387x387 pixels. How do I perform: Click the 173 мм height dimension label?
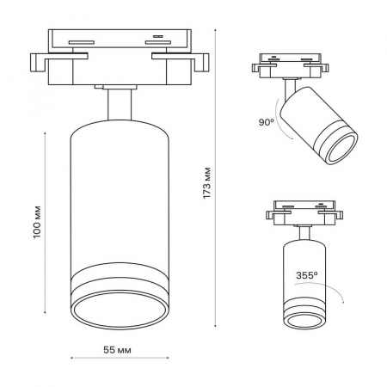tap(207, 183)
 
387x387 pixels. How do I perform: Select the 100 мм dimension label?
tap(37, 222)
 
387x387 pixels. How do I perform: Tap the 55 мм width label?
tap(117, 350)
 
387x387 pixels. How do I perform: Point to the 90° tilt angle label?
tap(267, 122)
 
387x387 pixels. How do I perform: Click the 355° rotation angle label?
tap(307, 275)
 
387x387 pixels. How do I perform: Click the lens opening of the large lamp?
tap(120, 310)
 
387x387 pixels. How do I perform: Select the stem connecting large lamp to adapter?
tap(120, 105)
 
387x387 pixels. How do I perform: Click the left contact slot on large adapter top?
tap(82, 42)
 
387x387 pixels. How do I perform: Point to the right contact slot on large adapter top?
tap(158, 42)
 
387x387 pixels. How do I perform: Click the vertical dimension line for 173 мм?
tap(215, 177)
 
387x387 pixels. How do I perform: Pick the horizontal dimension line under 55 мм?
tap(120, 358)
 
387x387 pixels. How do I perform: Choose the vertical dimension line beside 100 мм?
tap(45, 223)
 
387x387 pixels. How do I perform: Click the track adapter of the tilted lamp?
tap(290, 65)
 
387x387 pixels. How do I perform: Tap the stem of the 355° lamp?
tap(304, 233)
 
